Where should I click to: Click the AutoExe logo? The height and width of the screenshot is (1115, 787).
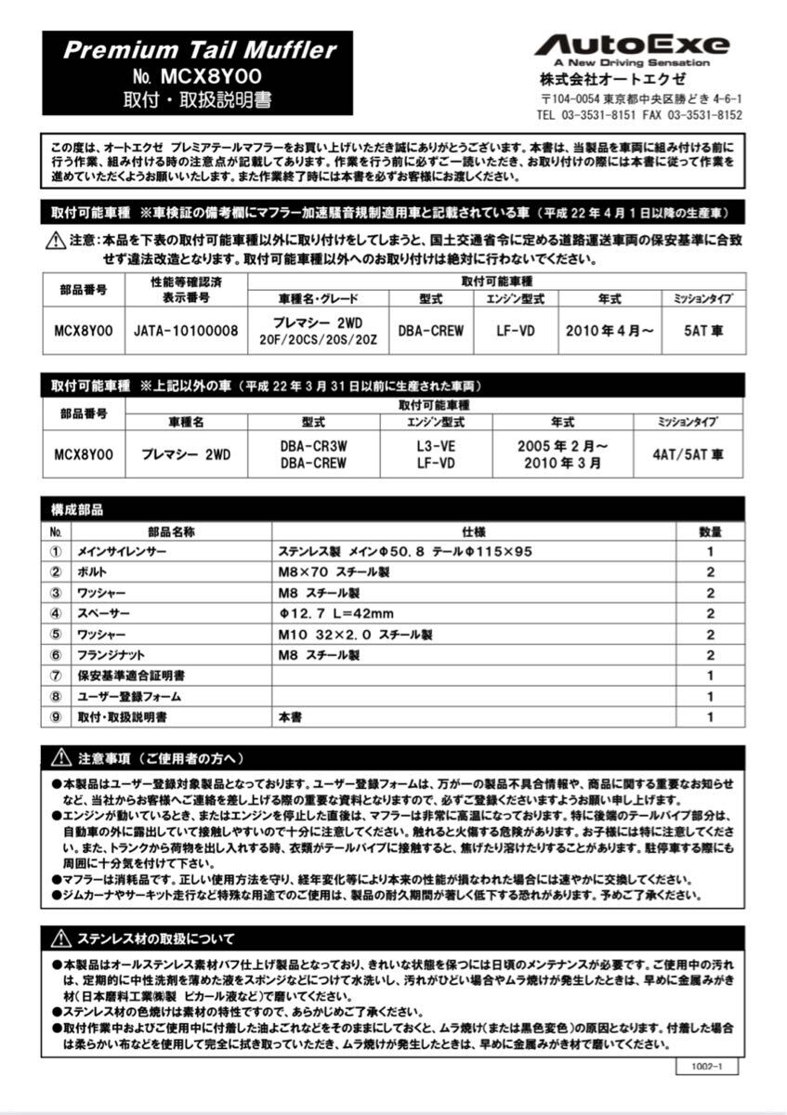pos(632,46)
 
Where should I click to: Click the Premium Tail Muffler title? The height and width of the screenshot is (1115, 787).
pos(199,50)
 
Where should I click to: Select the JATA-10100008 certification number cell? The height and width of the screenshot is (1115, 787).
pos(186,330)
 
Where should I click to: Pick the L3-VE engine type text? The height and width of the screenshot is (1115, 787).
pos(436,446)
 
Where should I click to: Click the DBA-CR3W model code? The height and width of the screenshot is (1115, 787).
pos(313,446)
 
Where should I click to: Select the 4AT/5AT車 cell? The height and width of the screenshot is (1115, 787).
pos(689,454)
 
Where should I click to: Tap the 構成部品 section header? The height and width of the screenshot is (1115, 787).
pos(78,510)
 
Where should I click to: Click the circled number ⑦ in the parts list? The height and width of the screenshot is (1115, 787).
pos(56,676)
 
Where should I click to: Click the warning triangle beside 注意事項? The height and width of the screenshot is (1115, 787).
pos(61,757)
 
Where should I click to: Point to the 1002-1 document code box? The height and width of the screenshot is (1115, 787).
pos(706,1068)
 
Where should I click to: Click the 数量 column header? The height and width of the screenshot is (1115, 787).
pos(710,531)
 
